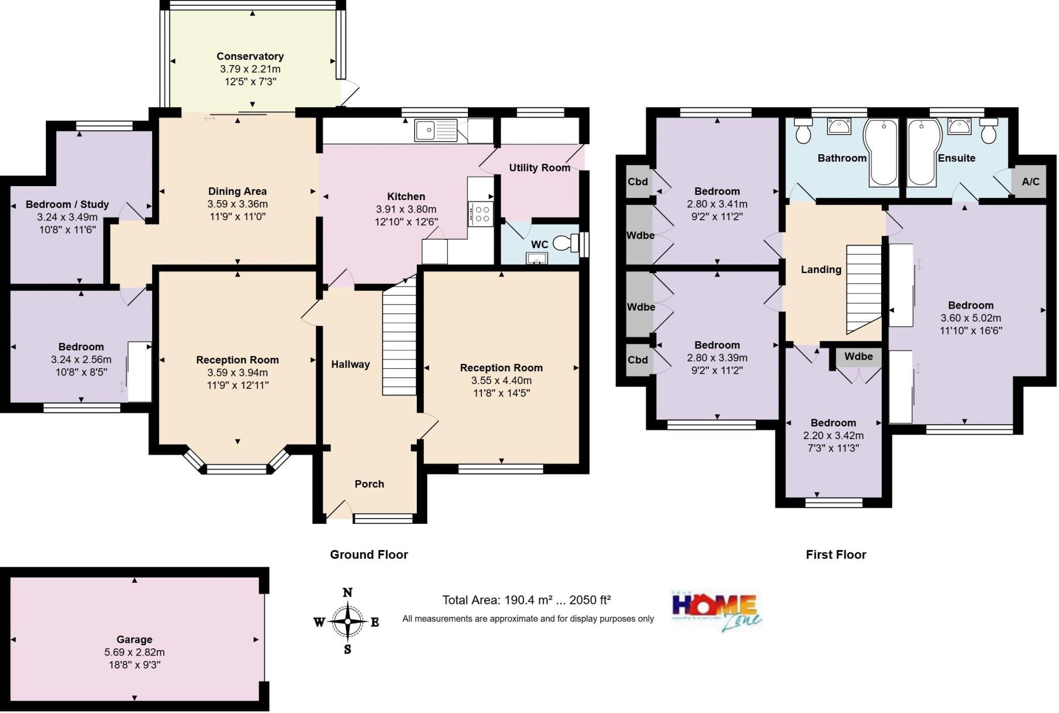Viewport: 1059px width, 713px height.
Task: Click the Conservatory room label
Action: pos(250,56)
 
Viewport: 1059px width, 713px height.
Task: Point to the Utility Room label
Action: pos(539,168)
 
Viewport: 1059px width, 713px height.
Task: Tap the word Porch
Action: pos(369,484)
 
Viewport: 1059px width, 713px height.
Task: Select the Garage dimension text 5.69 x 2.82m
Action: pos(134,653)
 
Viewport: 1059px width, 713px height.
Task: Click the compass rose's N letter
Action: pos(347,593)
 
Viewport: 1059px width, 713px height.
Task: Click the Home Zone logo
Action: pos(716,611)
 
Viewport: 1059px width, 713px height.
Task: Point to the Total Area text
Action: pos(526,600)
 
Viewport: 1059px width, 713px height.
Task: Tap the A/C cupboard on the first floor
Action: pos(1030,181)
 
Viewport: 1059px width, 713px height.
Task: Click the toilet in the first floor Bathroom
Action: pos(803,131)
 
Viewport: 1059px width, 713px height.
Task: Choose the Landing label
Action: pos(821,269)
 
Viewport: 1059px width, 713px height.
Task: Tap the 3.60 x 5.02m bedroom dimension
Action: pos(971,318)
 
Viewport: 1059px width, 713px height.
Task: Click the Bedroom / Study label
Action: pos(67,204)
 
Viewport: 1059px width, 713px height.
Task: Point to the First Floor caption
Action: pos(836,555)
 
